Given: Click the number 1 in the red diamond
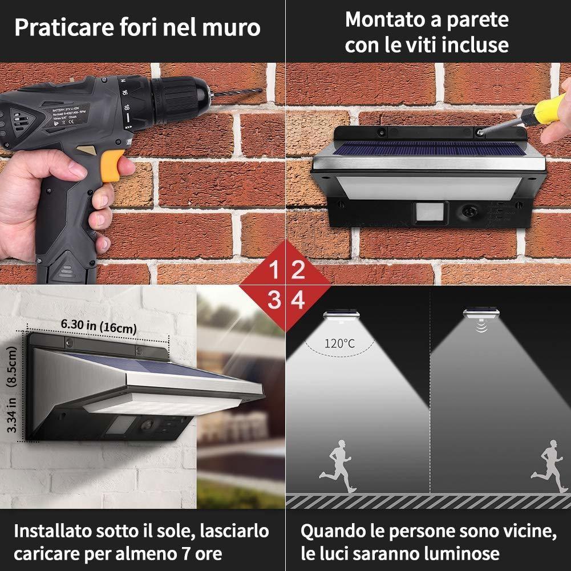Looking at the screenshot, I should click(x=274, y=270).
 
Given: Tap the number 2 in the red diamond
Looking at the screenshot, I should click(x=298, y=270).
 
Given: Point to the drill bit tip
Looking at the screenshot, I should click(x=261, y=90).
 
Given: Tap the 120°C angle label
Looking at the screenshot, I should click(x=340, y=343).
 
